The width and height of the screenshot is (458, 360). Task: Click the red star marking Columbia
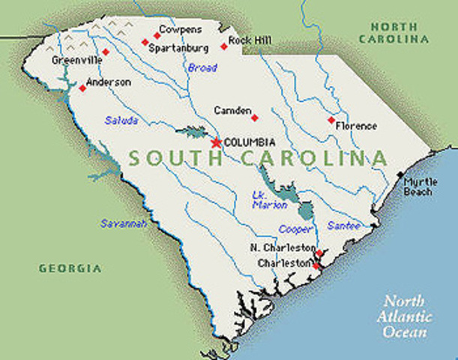coord(216,142)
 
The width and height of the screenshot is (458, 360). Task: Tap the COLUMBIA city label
coord(250,142)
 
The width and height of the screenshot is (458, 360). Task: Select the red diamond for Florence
coord(331,120)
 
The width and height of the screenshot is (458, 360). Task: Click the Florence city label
coord(356,126)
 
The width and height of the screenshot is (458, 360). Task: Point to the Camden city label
coord(232,110)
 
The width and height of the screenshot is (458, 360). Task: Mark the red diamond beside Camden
coord(254,117)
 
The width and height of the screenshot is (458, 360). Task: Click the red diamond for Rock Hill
coord(223,46)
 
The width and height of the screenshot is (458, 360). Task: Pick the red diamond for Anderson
coord(82,88)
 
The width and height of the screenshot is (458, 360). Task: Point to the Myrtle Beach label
coord(418,187)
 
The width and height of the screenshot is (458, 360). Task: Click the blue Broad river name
coord(202,68)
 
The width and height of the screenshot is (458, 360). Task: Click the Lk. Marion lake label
coord(263,200)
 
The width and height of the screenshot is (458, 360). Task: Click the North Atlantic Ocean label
coord(405,316)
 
